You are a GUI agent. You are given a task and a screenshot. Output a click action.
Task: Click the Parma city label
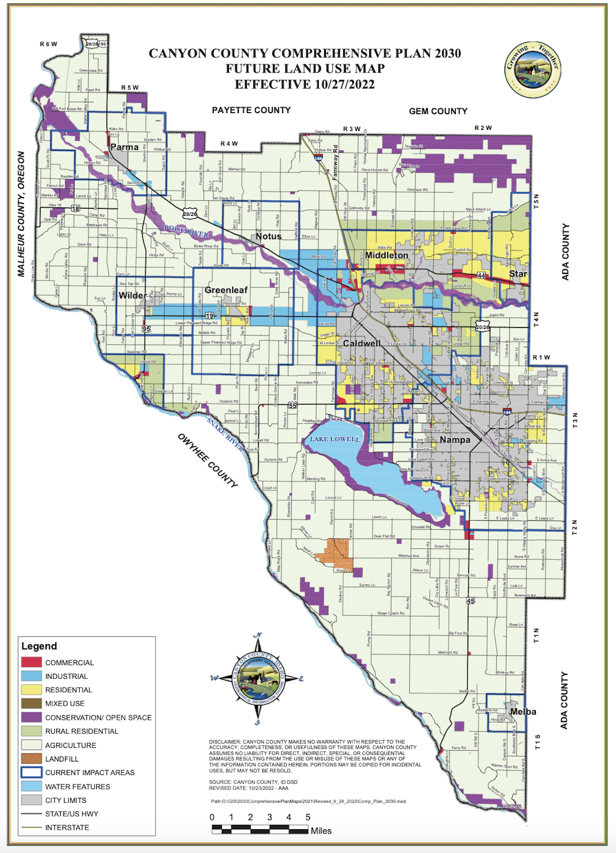[124, 147]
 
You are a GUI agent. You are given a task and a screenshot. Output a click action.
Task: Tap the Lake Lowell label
[335, 438]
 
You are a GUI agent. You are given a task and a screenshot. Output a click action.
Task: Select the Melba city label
[523, 712]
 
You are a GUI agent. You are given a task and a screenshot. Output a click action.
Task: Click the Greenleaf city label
[226, 290]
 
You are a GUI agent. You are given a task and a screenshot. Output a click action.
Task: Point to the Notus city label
[268, 237]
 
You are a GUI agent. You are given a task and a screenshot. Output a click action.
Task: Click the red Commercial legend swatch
[31, 662]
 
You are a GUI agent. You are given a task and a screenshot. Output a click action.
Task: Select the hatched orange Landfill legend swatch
[31, 759]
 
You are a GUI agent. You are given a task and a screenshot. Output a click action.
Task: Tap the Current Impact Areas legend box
[31, 772]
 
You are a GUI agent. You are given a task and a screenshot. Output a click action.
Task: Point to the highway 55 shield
[292, 405]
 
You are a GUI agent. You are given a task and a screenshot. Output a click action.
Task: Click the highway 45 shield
[470, 601]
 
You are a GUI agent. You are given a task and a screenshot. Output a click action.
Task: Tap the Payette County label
[251, 110]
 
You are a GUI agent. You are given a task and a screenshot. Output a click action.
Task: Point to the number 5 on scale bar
[308, 817]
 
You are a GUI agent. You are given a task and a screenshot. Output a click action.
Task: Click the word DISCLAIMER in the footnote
[225, 742]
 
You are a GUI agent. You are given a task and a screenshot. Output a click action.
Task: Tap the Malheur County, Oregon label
[21, 214]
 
